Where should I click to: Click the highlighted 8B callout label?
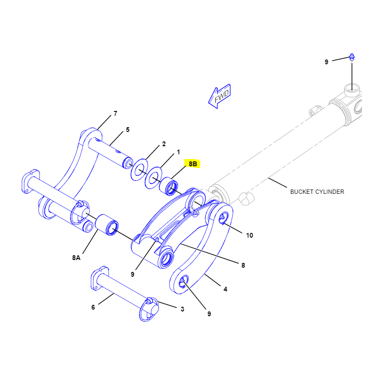coord(193,164)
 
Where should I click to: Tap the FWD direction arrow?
coord(220,96)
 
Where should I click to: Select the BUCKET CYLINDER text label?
coord(317,192)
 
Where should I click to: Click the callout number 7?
coord(115,113)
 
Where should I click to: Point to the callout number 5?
coord(128,130)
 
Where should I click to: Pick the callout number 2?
coord(164,144)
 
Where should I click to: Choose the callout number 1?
coord(178,152)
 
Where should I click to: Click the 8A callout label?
coord(76,258)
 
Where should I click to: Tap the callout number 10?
coord(250,235)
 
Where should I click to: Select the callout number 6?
coord(93,307)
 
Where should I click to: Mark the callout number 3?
coord(182,309)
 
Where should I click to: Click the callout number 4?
coord(225,289)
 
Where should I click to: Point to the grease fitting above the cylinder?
coord(352,57)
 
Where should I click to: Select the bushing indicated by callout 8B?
coord(169,186)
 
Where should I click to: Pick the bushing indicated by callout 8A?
coord(107,225)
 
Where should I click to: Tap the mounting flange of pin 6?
coord(100,279)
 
